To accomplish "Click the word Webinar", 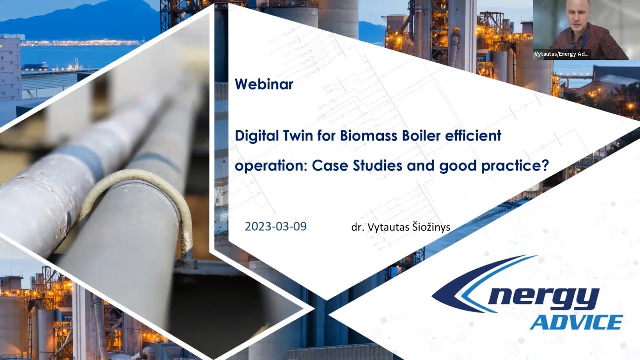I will [x=264, y=84].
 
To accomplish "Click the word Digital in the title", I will [x=255, y=136].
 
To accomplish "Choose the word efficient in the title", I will [x=478, y=136].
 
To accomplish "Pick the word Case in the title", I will [x=329, y=166].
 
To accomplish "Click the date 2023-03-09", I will [x=276, y=226].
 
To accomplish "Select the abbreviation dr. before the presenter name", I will [x=357, y=227].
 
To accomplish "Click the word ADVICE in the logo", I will [x=576, y=322].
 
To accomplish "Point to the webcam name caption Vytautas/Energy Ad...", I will [x=561, y=54].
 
